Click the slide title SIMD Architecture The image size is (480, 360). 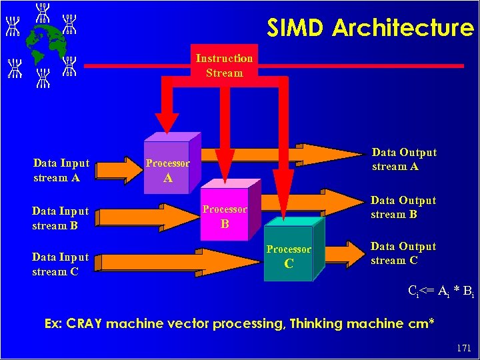pyautogui.click(x=370, y=28)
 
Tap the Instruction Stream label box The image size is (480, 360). pyautogui.click(x=224, y=65)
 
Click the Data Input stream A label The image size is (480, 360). pyautogui.click(x=61, y=170)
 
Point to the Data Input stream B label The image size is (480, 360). pyautogui.click(x=60, y=218)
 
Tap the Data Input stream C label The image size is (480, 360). pyautogui.click(x=60, y=264)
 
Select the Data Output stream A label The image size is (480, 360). pyautogui.click(x=404, y=159)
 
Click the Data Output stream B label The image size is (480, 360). pyautogui.click(x=403, y=207)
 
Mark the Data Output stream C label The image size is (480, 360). pyautogui.click(x=403, y=253)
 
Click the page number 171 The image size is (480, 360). pyautogui.click(x=463, y=348)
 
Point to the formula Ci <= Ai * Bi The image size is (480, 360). pyautogui.click(x=441, y=291)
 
